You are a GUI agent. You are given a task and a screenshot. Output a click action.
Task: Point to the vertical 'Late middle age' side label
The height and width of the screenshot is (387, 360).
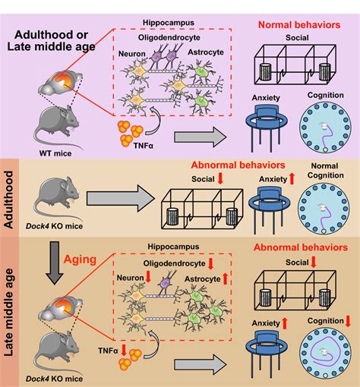(x=10, y=311)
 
